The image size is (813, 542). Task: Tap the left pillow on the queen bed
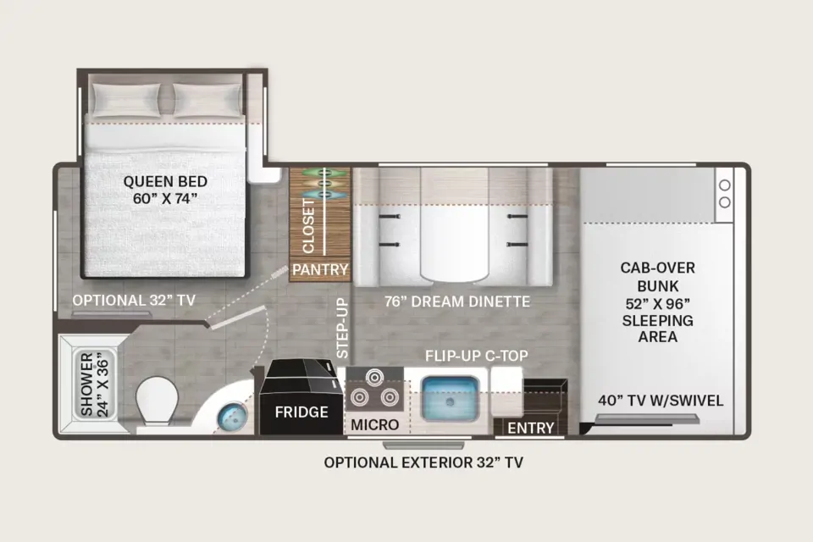point(126,100)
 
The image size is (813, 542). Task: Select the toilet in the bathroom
point(156,402)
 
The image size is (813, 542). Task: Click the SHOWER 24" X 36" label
point(95,384)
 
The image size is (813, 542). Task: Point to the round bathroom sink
point(232,417)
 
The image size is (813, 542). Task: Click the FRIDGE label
point(301,412)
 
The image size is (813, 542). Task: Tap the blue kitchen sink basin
point(450,398)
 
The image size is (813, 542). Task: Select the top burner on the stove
point(373,375)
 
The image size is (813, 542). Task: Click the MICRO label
point(375,425)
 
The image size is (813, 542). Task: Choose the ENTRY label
point(530,428)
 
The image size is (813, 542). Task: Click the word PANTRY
point(320,269)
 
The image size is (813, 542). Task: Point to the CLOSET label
point(308,225)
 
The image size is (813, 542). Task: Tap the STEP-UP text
point(342,329)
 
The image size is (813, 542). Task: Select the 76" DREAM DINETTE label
point(457,301)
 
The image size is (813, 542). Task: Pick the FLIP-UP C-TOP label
point(477,356)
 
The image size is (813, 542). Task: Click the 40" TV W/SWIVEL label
point(661,401)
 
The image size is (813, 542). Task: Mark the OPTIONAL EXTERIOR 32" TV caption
point(423,462)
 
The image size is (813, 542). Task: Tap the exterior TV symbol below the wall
point(423,445)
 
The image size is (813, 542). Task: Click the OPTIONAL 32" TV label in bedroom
point(134,301)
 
